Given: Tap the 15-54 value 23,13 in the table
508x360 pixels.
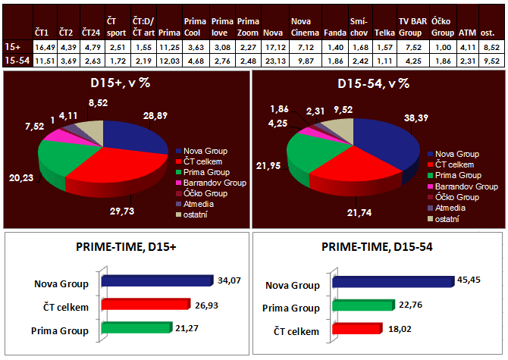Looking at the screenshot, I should pos(273,60).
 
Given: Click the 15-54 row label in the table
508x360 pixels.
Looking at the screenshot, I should pos(16,60).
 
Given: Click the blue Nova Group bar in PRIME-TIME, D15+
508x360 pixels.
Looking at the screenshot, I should pos(155,282).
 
